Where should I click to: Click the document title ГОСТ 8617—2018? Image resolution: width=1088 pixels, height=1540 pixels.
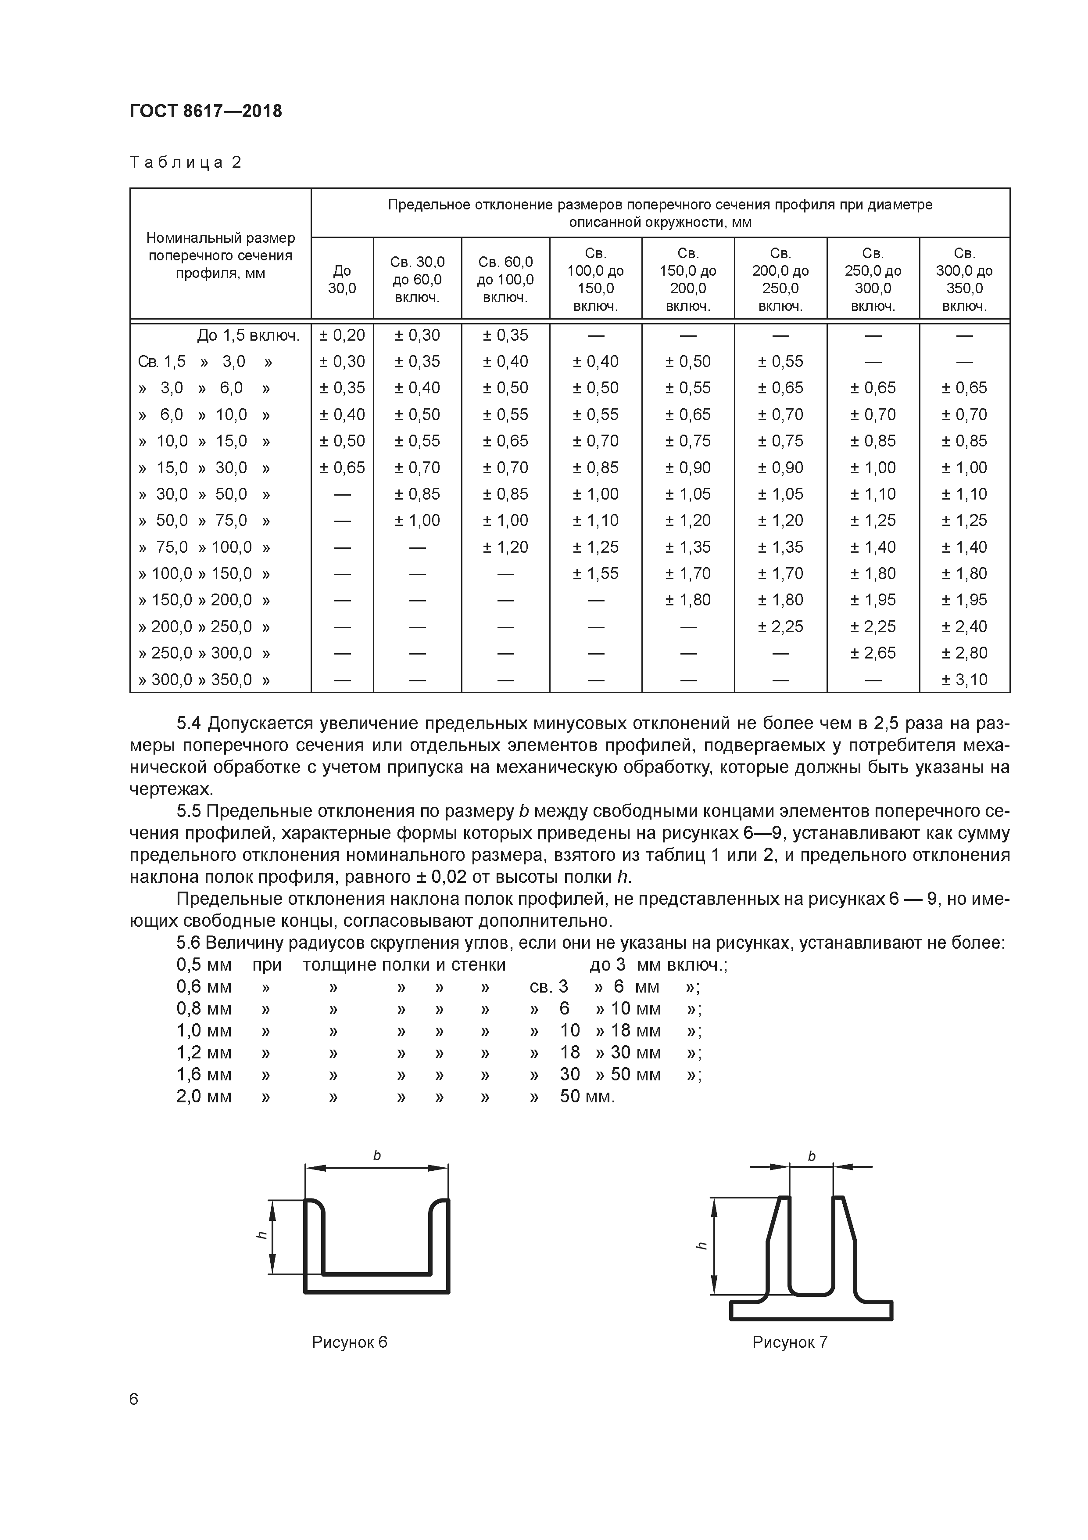click(206, 112)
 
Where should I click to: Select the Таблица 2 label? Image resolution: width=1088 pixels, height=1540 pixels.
click(185, 162)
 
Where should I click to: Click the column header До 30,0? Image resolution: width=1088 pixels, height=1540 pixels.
click(342, 280)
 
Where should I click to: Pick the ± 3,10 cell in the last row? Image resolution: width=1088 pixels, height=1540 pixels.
click(964, 680)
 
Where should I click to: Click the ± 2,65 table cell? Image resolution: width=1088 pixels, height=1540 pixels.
click(873, 653)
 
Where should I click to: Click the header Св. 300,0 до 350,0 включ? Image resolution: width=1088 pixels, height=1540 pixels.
click(964, 280)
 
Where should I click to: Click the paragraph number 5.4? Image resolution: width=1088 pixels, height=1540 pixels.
click(189, 724)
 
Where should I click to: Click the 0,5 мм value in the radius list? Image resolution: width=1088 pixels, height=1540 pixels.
click(204, 965)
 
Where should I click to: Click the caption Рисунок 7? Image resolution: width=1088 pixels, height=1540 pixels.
click(790, 1342)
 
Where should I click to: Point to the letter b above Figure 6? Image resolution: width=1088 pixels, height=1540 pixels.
click(377, 1156)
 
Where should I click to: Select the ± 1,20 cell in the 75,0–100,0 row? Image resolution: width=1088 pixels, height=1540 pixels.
click(505, 547)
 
